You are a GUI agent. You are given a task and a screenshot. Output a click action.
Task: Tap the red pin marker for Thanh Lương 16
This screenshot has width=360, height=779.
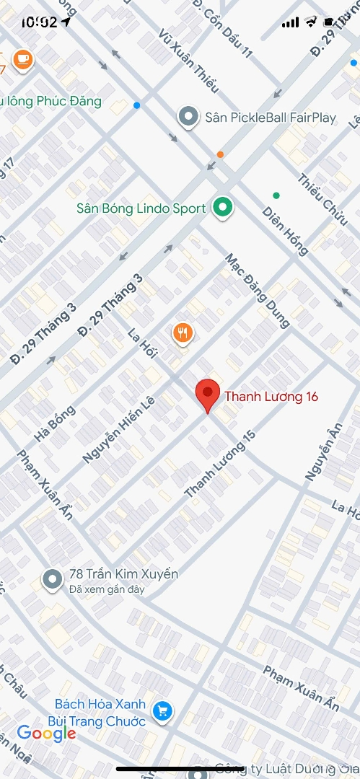coord(208,394)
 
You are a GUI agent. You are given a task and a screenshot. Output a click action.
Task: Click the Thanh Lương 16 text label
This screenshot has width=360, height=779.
coord(271,396)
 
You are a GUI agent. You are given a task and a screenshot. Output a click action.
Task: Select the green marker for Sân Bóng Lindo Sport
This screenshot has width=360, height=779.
coord(223,208)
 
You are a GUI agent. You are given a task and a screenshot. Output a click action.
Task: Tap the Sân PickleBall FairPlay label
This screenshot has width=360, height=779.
coord(271,117)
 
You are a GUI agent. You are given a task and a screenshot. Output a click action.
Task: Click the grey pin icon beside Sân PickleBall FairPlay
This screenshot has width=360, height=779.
coord(188,117)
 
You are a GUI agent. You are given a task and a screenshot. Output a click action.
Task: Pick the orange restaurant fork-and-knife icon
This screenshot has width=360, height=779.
coord(183,333)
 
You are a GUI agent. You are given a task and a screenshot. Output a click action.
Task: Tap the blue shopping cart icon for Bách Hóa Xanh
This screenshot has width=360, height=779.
coord(164,711)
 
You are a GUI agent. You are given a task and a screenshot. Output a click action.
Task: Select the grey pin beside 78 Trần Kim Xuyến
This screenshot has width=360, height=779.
coord(52,578)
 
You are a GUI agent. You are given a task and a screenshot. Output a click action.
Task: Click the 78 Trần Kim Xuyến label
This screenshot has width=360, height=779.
coord(123,574)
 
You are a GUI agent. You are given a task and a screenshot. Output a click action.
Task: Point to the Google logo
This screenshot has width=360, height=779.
coord(46,734)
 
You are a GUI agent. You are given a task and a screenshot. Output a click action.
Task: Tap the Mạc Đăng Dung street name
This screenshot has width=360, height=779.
coord(257,289)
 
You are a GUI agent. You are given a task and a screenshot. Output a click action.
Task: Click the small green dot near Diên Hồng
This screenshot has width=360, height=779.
coord(276,195)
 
